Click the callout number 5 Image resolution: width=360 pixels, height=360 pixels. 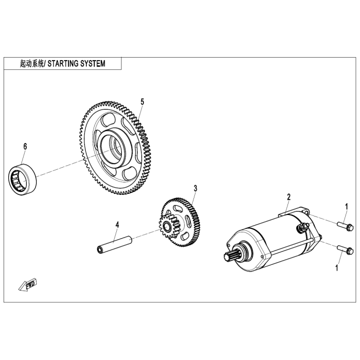tap(142, 102)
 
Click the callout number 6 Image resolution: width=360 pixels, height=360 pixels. tap(25, 147)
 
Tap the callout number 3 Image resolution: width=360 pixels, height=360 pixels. tap(195, 189)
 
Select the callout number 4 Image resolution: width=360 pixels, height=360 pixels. tap(117, 225)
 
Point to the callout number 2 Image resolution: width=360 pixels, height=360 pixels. tap(289, 197)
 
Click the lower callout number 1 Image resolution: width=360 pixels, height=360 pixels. tap(337, 267)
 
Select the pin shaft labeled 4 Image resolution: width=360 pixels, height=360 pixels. tap(114, 244)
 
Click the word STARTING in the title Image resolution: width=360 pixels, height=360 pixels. tap(67, 64)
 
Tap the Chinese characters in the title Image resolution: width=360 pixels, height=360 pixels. tap(28, 64)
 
